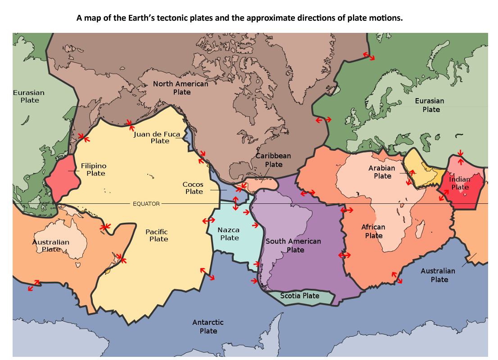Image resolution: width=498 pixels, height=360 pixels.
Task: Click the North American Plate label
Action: tap(181, 88)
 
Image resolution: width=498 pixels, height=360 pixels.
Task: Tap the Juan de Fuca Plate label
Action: tap(157, 137)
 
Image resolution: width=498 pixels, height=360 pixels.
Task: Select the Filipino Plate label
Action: tap(94, 169)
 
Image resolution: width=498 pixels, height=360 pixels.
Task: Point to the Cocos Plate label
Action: tap(193, 188)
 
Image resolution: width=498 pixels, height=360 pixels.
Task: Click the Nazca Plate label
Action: tap(229, 234)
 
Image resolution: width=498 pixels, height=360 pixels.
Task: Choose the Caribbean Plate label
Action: tap(273, 160)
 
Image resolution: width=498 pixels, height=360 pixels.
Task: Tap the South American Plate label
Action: tap(293, 245)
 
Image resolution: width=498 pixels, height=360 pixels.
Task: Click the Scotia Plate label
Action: tap(299, 296)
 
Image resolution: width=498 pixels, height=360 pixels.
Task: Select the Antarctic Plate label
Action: tap(208, 326)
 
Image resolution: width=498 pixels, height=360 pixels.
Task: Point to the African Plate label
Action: tap(373, 231)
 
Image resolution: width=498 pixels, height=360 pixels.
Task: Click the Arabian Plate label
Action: tap(382, 171)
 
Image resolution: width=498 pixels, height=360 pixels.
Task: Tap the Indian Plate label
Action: tap(460, 183)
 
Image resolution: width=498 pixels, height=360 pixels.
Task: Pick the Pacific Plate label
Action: tap(157, 235)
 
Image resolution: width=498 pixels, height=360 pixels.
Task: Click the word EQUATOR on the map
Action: tap(146, 204)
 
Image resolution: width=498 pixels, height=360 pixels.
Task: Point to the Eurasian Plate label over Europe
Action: tap(430, 105)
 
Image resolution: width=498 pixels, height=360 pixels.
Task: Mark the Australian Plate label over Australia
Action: tap(51, 245)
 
